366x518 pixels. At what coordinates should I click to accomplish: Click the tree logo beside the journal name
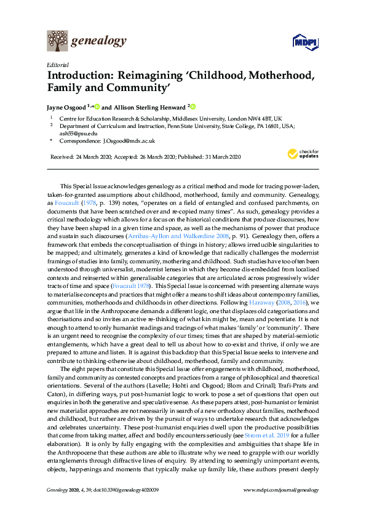57,42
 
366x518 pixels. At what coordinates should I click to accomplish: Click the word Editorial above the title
57,65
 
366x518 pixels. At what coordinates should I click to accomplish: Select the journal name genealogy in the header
99,41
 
